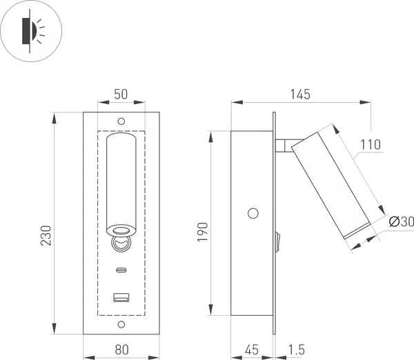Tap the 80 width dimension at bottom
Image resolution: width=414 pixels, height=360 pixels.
tap(121, 350)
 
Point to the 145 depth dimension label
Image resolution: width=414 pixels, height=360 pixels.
tap(299, 93)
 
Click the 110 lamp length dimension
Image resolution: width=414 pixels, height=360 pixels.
tap(370, 146)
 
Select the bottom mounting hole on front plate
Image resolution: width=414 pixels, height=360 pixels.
tap(121, 324)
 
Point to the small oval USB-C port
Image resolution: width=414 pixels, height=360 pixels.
tap(121, 270)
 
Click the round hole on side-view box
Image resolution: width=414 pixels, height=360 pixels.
tap(254, 212)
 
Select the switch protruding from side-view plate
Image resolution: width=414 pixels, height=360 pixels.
tap(277, 241)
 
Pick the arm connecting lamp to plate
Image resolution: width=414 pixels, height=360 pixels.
tap(284, 145)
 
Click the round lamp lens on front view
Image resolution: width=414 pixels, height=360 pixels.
tap(121, 232)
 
